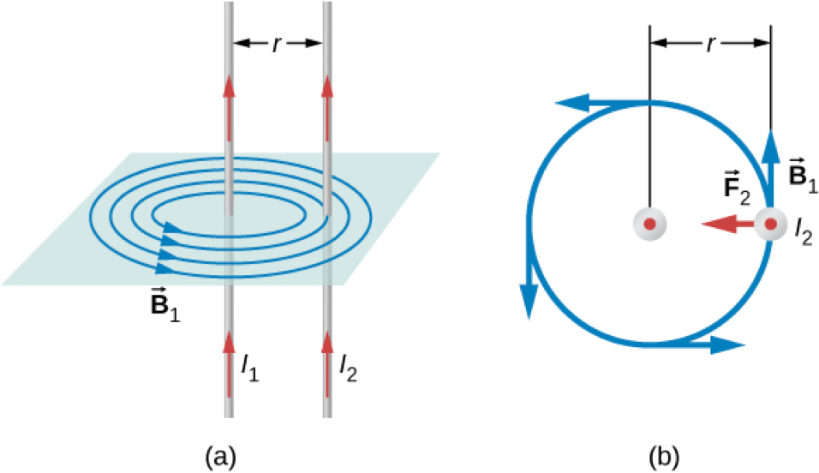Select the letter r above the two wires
(x=277, y=42)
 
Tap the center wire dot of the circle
(x=650, y=225)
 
